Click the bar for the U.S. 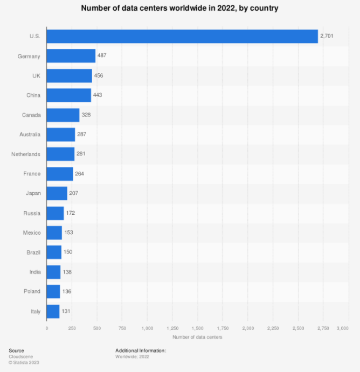click(x=182, y=36)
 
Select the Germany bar click(x=71, y=56)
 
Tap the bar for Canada click(x=63, y=115)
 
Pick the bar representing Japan click(x=57, y=193)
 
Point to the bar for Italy click(x=53, y=311)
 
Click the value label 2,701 click(x=327, y=36)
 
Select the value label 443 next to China click(x=98, y=95)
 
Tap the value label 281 click(x=81, y=154)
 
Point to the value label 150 click(x=68, y=252)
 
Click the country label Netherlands click(x=26, y=154)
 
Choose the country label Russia click(x=32, y=213)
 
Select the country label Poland click(x=32, y=291)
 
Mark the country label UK click(x=36, y=75)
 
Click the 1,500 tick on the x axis click(x=197, y=327)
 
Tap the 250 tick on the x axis click(x=72, y=327)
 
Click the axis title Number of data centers click(x=197, y=337)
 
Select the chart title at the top click(x=179, y=9)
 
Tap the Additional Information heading click(x=141, y=350)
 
